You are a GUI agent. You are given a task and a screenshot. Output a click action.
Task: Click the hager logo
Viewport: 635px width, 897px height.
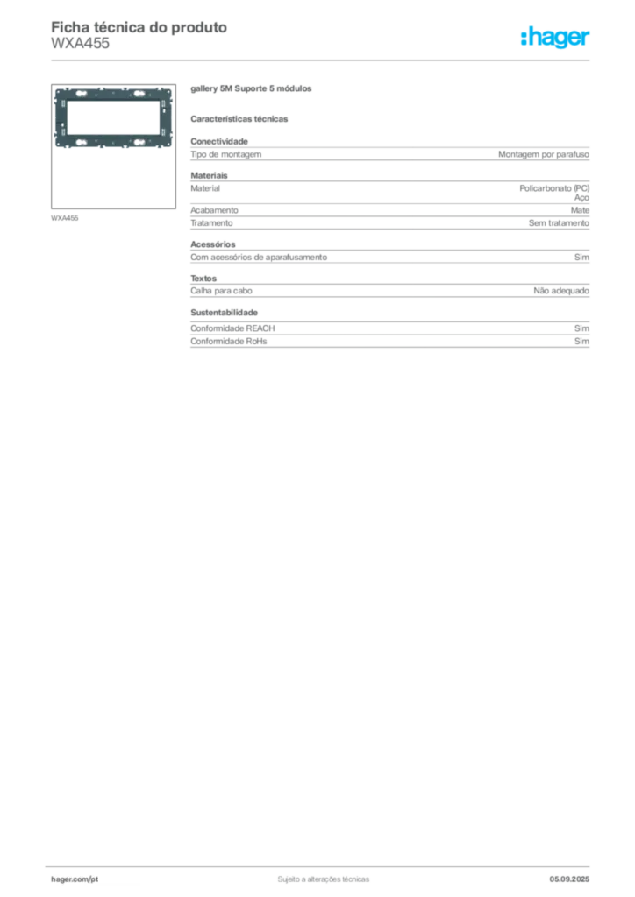click(554, 38)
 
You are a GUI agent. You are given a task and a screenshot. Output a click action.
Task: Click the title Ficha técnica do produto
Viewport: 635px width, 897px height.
click(139, 27)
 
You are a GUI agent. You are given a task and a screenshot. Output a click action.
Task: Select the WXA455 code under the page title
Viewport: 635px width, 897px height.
click(80, 43)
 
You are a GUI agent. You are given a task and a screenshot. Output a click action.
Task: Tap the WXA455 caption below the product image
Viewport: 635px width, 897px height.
click(65, 218)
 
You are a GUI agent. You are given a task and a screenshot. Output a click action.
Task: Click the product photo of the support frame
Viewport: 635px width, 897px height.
click(113, 118)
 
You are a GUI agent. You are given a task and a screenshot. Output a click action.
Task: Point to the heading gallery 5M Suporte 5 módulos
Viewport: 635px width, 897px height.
click(251, 88)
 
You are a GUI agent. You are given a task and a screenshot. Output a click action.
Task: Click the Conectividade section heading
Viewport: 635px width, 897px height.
click(219, 141)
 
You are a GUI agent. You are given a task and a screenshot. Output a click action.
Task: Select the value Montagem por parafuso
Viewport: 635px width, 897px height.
click(544, 154)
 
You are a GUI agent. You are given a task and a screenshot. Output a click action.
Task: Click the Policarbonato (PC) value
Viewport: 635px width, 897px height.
click(554, 188)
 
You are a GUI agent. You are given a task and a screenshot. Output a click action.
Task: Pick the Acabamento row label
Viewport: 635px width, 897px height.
click(214, 210)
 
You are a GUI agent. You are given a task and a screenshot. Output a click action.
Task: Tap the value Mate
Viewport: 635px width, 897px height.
click(580, 210)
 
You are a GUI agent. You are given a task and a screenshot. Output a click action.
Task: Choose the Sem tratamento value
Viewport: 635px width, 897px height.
click(559, 223)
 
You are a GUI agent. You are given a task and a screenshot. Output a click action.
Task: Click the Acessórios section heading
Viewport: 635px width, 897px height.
click(213, 244)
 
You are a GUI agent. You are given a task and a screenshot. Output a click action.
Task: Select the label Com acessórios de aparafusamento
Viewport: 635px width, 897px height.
click(259, 258)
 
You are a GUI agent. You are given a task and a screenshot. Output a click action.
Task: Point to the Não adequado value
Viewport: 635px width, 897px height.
click(561, 291)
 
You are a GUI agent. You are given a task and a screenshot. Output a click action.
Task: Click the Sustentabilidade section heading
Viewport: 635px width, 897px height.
click(224, 313)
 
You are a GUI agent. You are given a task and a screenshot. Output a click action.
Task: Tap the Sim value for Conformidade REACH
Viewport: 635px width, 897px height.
click(581, 328)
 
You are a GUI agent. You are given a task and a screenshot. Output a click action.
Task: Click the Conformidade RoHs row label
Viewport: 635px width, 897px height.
click(228, 341)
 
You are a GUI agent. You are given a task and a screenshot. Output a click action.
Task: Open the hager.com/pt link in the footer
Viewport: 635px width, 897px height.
click(75, 879)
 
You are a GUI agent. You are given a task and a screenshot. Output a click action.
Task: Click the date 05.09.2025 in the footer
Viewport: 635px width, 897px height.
click(569, 879)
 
